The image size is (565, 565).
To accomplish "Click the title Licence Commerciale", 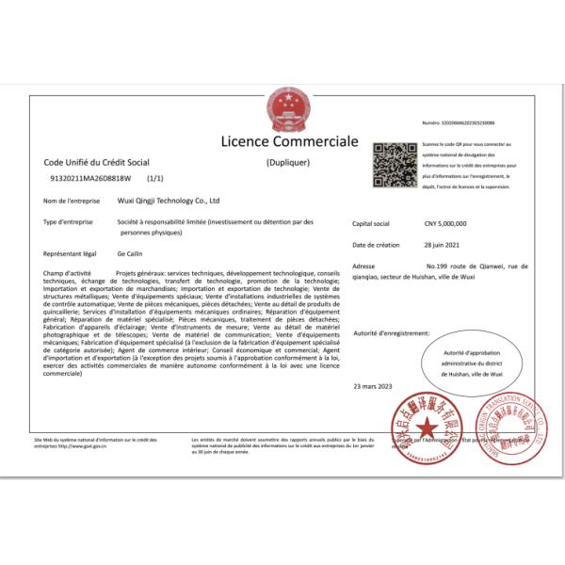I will tap(289, 142).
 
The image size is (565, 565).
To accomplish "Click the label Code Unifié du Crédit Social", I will tap(96, 162).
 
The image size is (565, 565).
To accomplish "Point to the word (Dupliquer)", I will tap(287, 162).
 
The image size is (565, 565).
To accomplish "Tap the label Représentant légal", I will tap(71, 254).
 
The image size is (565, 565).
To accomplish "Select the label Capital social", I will tap(370, 224).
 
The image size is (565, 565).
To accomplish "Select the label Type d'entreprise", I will tap(70, 221).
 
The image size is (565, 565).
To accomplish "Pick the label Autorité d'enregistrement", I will tap(391, 332).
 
